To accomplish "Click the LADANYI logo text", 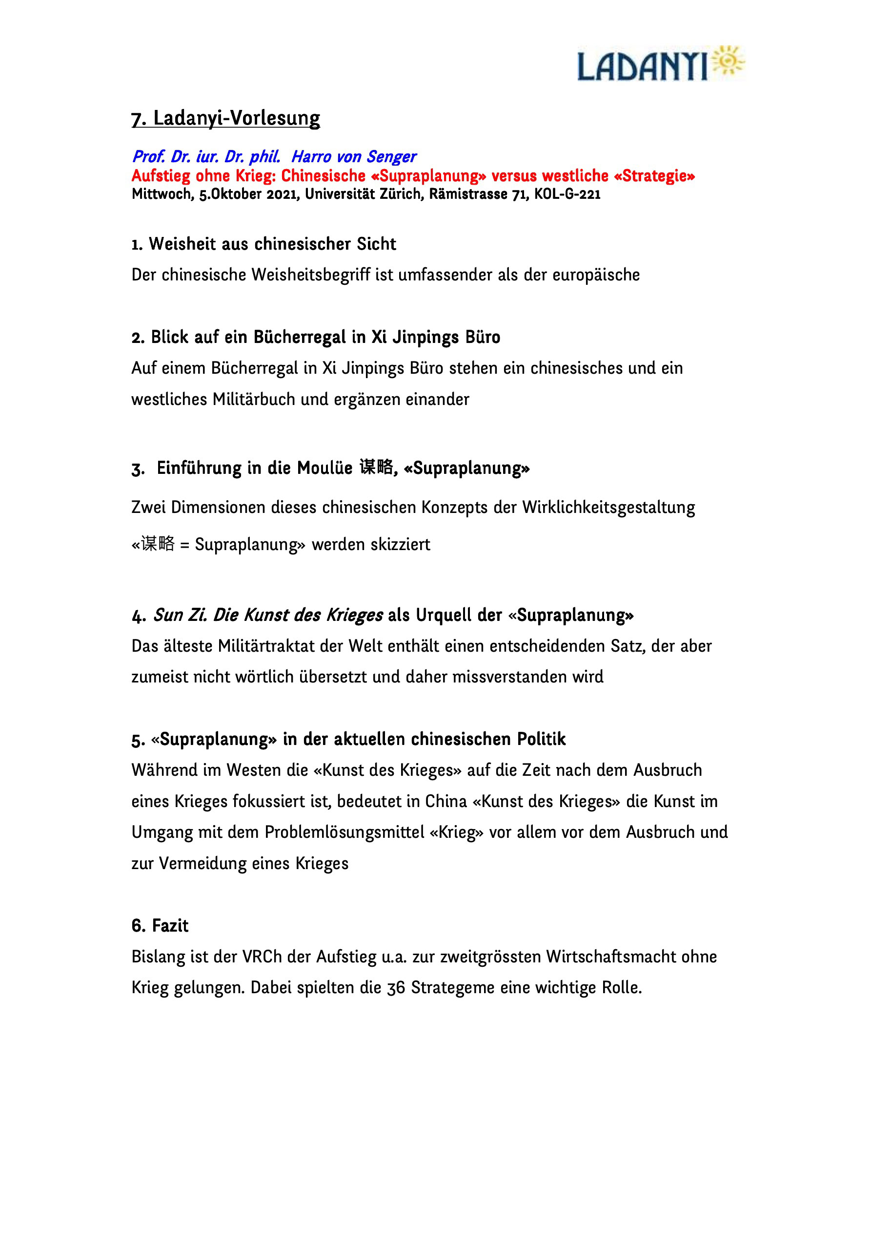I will [642, 66].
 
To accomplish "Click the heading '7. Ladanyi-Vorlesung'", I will [225, 118].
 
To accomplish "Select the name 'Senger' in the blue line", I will [391, 156].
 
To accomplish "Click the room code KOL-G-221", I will [567, 194].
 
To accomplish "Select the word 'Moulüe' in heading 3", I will [325, 468].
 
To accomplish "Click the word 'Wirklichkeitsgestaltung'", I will [608, 508].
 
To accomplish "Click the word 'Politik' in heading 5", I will [541, 739].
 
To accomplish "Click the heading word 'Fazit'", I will [170, 925].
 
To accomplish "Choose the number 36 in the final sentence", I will [396, 988].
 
